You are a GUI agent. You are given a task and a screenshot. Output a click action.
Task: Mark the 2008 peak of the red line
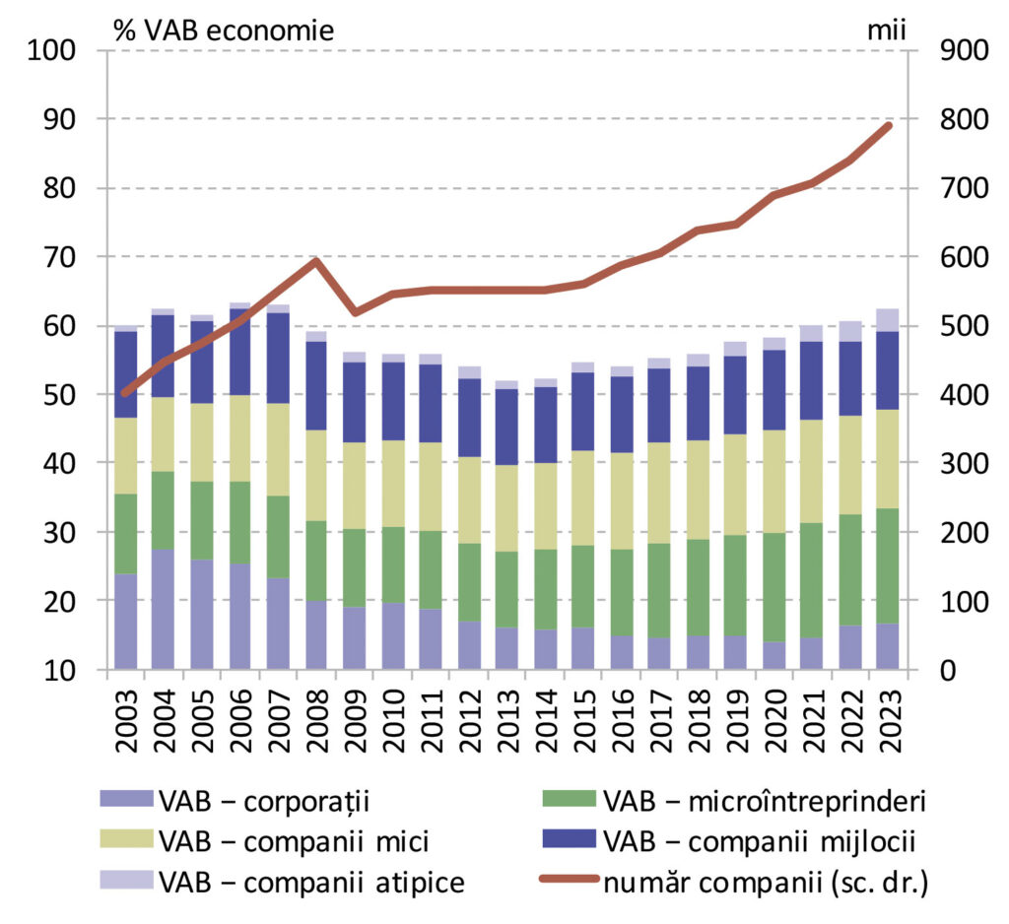316,261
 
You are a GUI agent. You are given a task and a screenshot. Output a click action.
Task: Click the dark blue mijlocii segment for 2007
278,359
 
